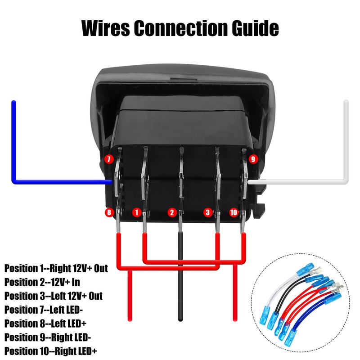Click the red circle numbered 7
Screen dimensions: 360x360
[x=108, y=159]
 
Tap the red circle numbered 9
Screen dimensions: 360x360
[x=252, y=159]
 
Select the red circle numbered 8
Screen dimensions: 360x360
[x=108, y=212]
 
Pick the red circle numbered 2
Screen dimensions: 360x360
[x=171, y=212]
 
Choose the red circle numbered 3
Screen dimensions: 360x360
[x=207, y=212]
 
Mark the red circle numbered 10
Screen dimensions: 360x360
[x=234, y=212]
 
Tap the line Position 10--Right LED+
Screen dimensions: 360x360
[x=51, y=351]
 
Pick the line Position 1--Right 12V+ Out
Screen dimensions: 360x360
[x=56, y=269]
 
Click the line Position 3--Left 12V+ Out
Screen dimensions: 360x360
[x=54, y=296]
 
